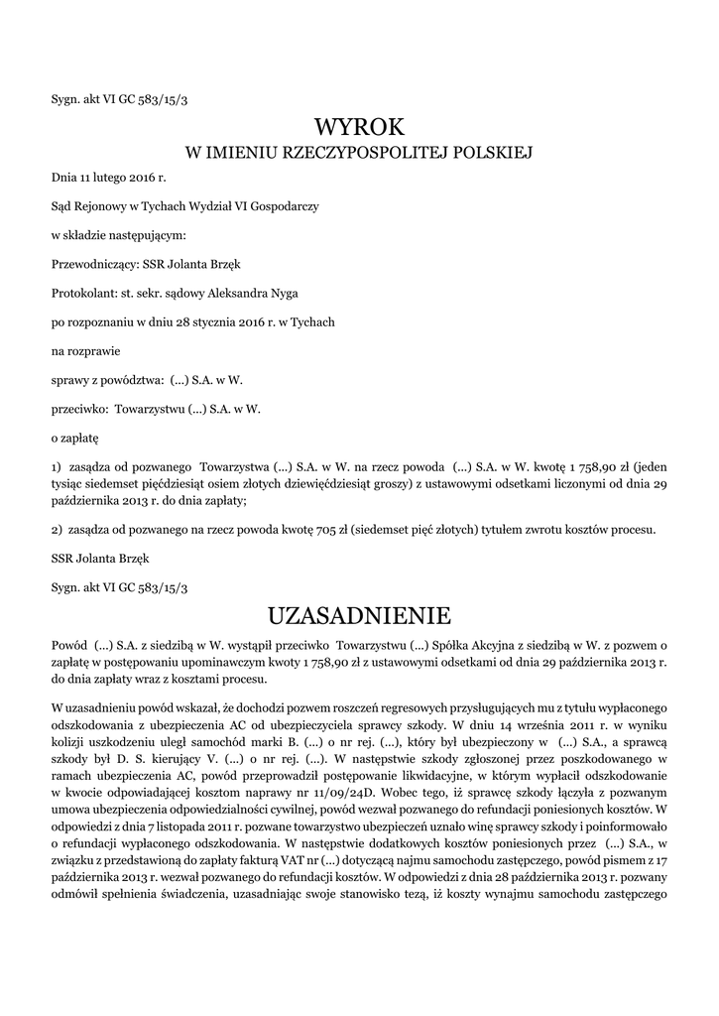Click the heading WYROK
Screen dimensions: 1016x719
pos(359,128)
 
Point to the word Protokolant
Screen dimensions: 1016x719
pos(82,294)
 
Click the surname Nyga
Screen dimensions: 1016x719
pos(281,294)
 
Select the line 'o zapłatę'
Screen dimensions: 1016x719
pos(75,436)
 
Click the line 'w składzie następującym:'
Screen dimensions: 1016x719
pos(118,236)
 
